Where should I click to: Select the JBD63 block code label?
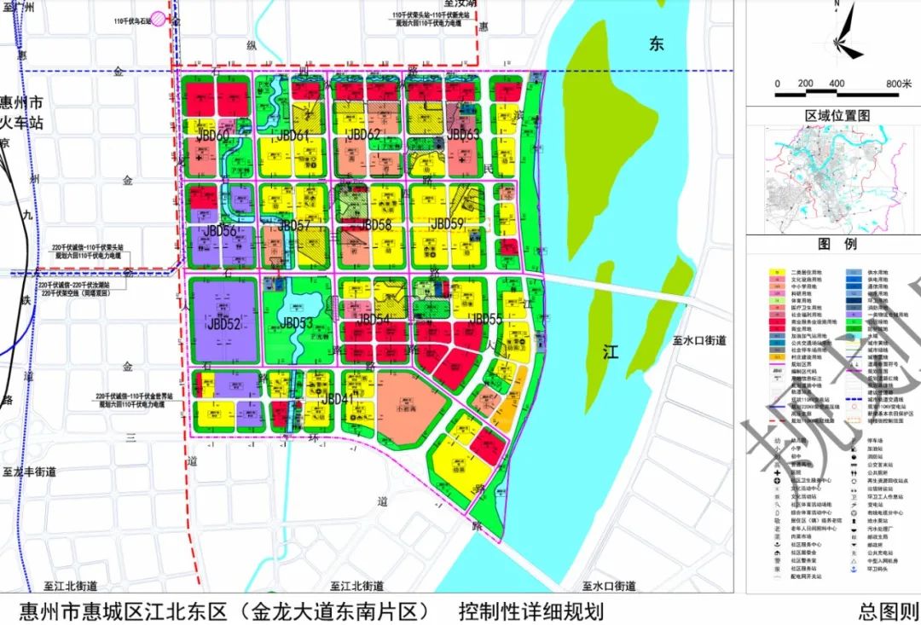click(464, 135)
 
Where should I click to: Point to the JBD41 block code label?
click(337, 399)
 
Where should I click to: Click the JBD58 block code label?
click(375, 225)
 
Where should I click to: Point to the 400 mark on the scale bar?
click(836, 84)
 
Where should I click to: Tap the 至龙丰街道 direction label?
click(29, 471)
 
